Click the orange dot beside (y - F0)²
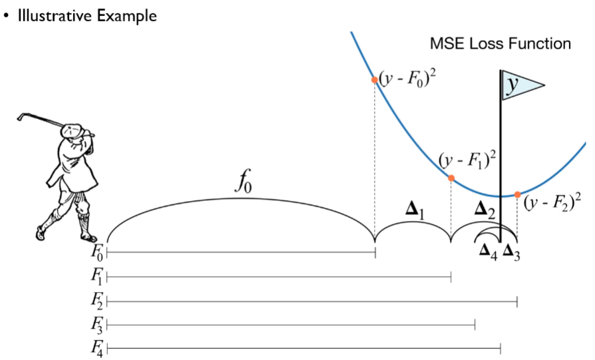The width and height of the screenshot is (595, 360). pos(375,79)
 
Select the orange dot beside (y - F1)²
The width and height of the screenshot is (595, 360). pos(451,178)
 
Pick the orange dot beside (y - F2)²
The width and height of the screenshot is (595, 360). pos(517,194)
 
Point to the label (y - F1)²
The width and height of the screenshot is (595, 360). pos(469,160)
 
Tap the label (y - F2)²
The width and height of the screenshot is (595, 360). pos(552,202)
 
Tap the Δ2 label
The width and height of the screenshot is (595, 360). pos(485,211)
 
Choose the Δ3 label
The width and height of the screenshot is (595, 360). pos(512,250)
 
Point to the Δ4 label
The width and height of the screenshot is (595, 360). pos(489,250)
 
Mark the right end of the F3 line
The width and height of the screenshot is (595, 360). pos(475,325)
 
